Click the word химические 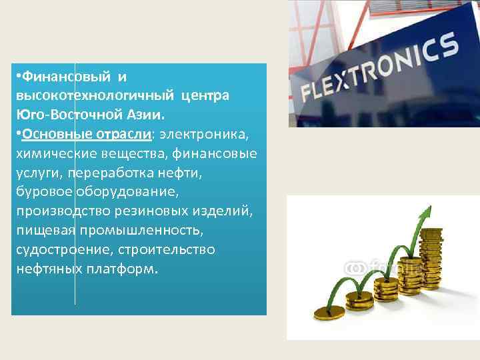[53, 153]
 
